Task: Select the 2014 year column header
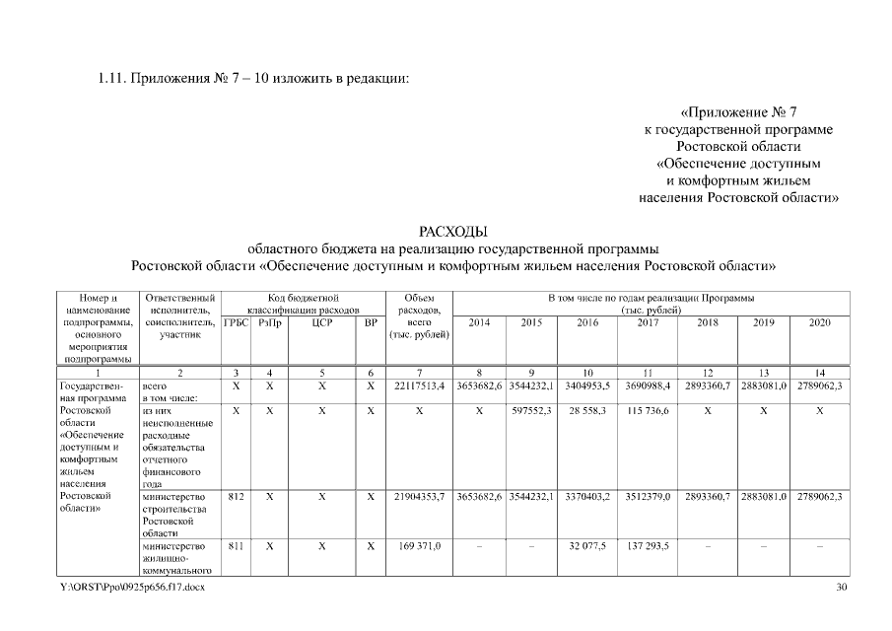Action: [479, 322]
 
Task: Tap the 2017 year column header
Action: [648, 322]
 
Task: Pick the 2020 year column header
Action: [819, 322]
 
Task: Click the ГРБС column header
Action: [236, 322]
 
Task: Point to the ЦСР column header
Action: [321, 322]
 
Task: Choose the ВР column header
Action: [371, 322]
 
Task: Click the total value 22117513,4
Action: [420, 386]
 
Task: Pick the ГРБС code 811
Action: [236, 544]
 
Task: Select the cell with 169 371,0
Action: [420, 544]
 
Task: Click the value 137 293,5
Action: [648, 544]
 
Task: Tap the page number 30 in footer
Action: [841, 588]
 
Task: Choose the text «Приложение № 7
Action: [744, 111]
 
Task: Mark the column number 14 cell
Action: [819, 372]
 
